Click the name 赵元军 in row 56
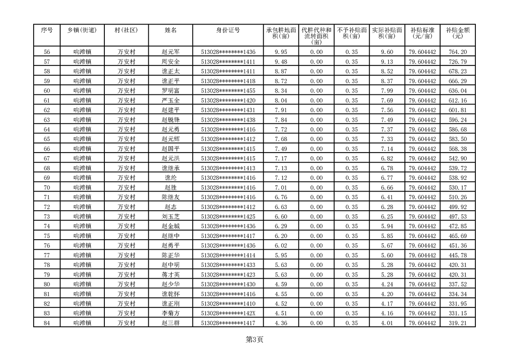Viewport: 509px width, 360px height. pyautogui.click(x=171, y=52)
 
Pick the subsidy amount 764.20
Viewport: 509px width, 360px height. pyautogui.click(x=457, y=52)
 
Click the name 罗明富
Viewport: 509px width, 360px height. pyautogui.click(x=171, y=91)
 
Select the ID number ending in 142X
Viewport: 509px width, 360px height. pyautogui.click(x=228, y=313)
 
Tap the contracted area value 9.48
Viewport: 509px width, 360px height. pyautogui.click(x=281, y=62)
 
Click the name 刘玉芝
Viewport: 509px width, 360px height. pyautogui.click(x=171, y=217)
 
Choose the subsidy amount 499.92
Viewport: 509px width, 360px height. pyautogui.click(x=457, y=207)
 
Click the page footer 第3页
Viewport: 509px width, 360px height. pyautogui.click(x=254, y=339)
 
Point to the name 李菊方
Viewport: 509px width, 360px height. pyautogui.click(x=171, y=313)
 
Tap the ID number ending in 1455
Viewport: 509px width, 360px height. pyautogui.click(x=228, y=91)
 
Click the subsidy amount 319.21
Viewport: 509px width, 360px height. pyautogui.click(x=457, y=323)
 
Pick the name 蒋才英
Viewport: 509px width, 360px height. pyautogui.click(x=171, y=275)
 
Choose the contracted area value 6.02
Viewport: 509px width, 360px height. pyautogui.click(x=281, y=246)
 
